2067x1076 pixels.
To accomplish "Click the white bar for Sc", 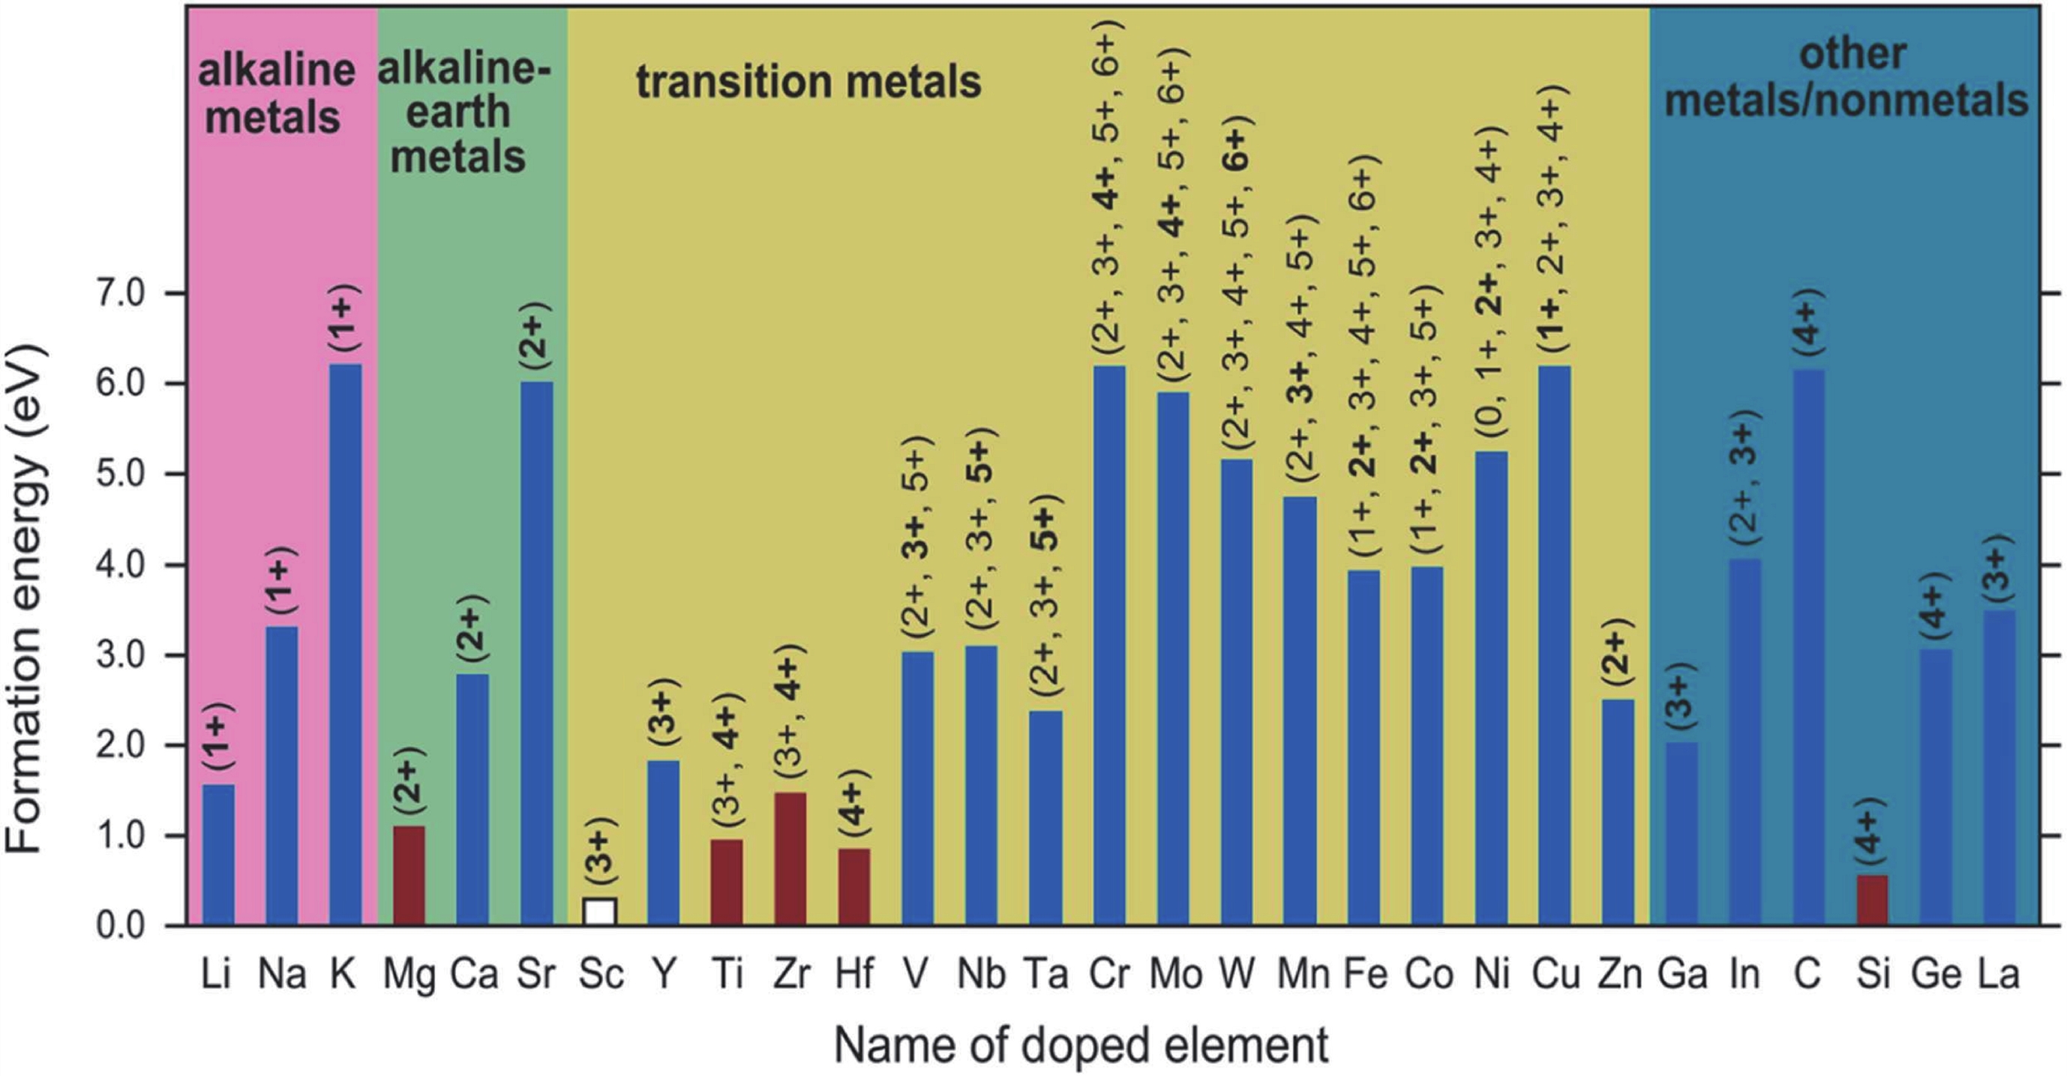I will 600,912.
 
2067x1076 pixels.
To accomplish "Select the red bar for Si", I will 1872,900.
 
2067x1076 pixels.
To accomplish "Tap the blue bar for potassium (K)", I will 345,644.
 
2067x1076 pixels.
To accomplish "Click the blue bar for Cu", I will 1554,645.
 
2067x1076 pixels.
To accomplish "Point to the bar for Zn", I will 1618,812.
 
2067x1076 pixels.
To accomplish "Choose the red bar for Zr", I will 790,859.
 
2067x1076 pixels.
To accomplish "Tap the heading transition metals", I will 808,82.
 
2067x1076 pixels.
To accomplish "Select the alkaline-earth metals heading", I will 463,113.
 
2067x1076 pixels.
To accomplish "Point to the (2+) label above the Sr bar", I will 536,334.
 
